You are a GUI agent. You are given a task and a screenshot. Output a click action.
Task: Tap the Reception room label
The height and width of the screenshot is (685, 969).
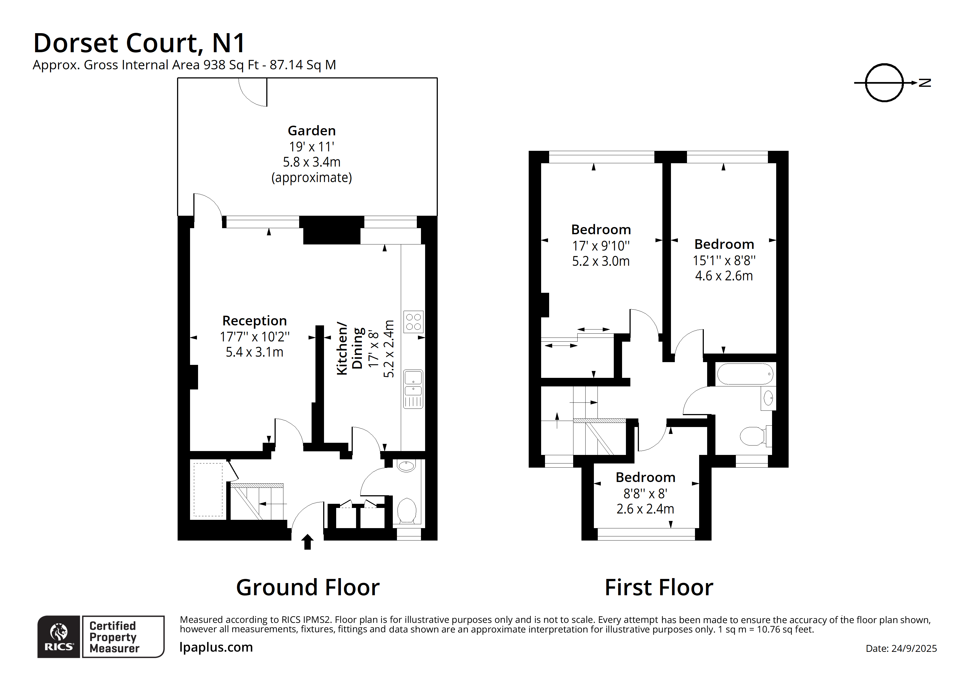pos(254,321)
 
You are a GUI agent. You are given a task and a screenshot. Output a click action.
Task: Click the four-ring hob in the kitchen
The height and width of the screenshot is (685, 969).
pos(413,322)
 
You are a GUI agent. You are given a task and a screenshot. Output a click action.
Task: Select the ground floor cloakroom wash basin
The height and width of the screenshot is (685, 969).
pos(406,466)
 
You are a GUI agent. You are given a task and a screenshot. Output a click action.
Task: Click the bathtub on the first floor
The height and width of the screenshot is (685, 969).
pos(745,374)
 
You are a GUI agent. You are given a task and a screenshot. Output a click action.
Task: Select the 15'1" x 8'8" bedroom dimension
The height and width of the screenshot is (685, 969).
pos(724,260)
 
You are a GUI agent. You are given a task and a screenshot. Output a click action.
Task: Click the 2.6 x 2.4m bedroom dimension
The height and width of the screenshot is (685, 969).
pos(645,509)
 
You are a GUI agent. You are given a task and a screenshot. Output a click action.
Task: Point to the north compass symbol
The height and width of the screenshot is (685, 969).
pos(884,83)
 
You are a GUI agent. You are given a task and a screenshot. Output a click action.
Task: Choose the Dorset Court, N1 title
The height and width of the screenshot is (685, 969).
pos(139,43)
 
